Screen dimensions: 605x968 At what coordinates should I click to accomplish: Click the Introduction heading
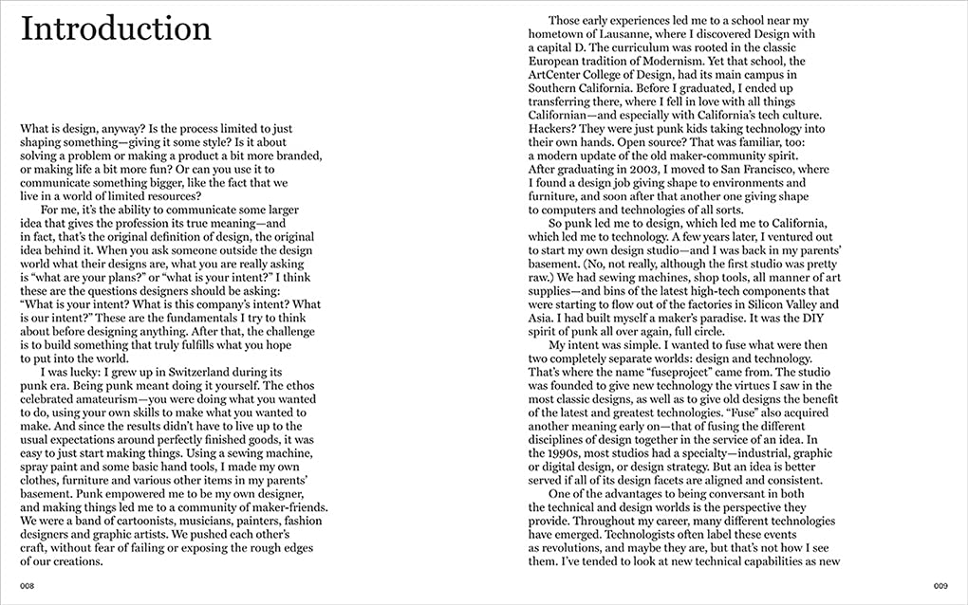coord(116,28)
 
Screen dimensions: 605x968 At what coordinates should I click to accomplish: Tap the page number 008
coord(28,585)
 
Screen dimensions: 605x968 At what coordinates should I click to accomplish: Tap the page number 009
coord(940,585)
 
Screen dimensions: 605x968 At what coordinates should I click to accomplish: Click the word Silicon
coord(748,304)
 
